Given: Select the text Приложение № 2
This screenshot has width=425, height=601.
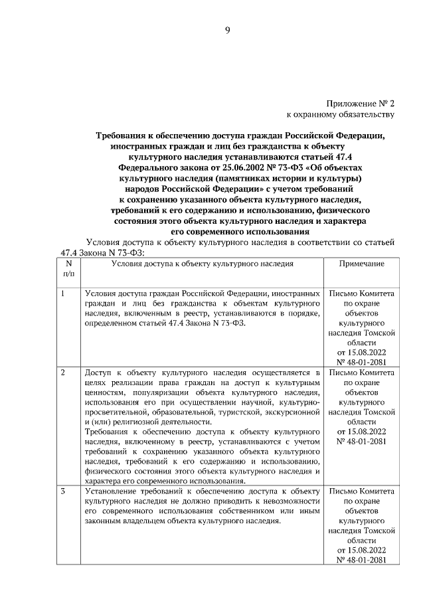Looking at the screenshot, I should point(361,104).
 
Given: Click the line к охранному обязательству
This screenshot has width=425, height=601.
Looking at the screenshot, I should point(341,115).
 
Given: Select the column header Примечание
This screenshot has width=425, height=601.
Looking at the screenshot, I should point(361,264).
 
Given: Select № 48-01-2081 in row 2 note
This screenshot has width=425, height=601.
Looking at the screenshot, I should point(361,441).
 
